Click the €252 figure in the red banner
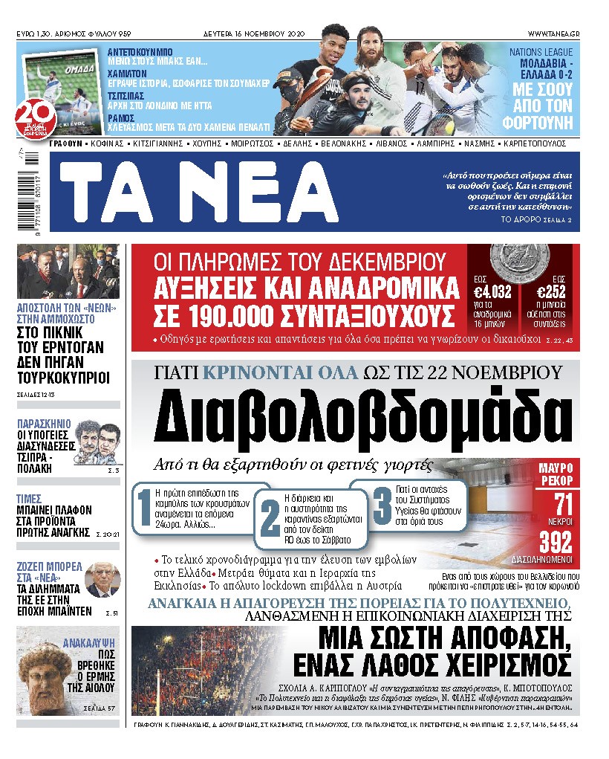click(558, 292)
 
